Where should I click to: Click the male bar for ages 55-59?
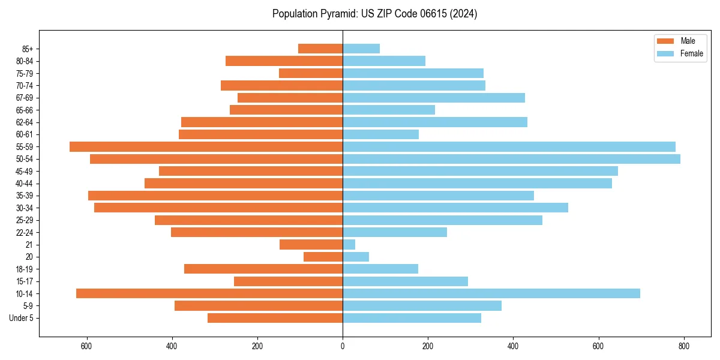click(206, 146)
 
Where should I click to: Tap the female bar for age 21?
click(349, 245)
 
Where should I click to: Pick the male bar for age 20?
click(323, 257)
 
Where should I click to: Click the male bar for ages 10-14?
click(209, 293)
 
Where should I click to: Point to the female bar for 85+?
click(361, 49)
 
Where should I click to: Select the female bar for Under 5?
click(412, 318)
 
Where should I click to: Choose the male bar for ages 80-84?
click(284, 61)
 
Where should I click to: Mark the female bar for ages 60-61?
click(380, 134)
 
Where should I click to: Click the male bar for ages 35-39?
click(215, 196)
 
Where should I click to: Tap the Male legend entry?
click(680, 41)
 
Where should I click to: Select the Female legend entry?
click(680, 53)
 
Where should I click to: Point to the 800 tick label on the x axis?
click(683, 346)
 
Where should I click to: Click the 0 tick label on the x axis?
click(343, 346)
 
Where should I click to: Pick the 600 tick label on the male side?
click(87, 346)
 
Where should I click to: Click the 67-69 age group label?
click(25, 98)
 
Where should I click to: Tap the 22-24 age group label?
click(25, 232)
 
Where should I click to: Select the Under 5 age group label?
click(22, 318)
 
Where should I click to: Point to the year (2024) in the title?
click(463, 14)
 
